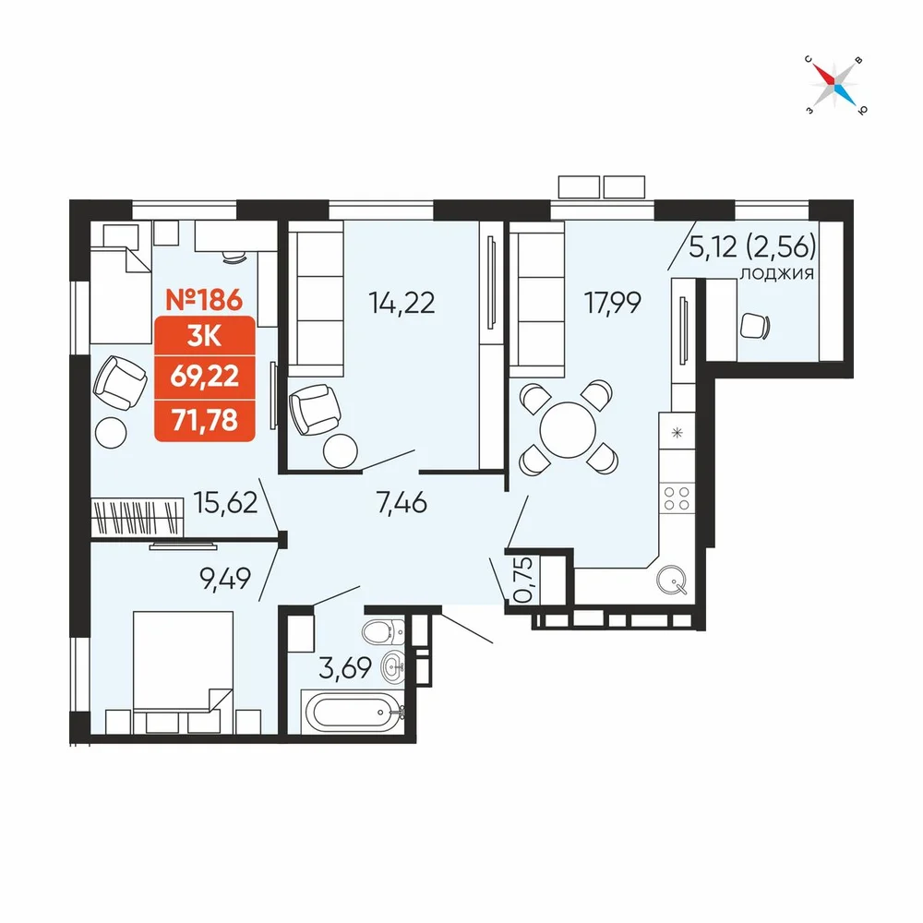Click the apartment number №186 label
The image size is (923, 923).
[x=204, y=300]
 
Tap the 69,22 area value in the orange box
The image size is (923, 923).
[x=205, y=376]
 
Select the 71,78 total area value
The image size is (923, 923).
[x=205, y=420]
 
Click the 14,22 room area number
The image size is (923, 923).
[x=402, y=303]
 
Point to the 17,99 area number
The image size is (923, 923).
[x=612, y=303]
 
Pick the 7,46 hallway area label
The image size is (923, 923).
[x=402, y=503]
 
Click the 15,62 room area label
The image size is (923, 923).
[x=225, y=502]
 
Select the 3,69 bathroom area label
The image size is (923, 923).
[x=345, y=667]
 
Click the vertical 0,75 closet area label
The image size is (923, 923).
[x=524, y=580]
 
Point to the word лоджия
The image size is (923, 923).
[x=777, y=274]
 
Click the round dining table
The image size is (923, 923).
[x=568, y=430]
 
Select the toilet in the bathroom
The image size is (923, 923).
[x=383, y=631]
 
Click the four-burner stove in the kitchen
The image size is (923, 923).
[x=677, y=498]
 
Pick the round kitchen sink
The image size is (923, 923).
[x=672, y=580]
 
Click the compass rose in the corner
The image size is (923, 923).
[x=836, y=85]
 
